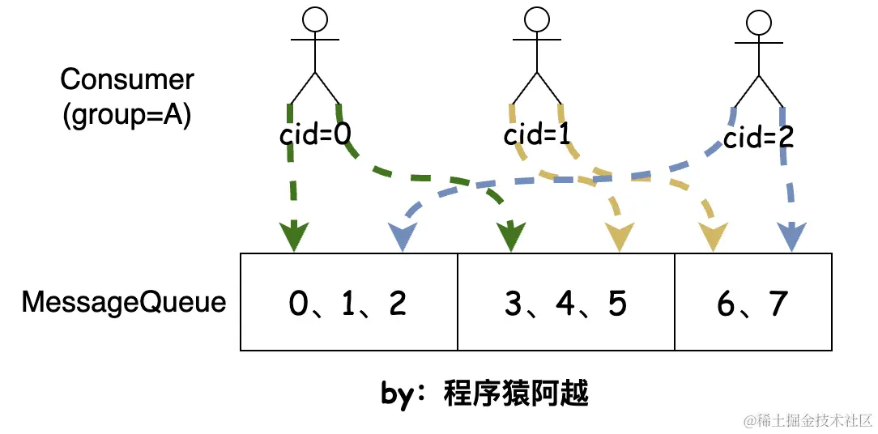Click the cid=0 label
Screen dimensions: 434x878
315,135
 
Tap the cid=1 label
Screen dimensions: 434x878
537,134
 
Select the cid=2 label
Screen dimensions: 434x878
758,138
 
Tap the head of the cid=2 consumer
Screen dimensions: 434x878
758,22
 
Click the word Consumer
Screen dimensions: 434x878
127,79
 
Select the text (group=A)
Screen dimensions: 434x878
126,115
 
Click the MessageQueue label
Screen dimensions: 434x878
124,302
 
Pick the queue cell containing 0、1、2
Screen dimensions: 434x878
348,303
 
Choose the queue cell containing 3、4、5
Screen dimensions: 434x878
565,303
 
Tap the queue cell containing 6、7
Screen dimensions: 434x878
752,303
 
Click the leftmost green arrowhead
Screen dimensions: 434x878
293,236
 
